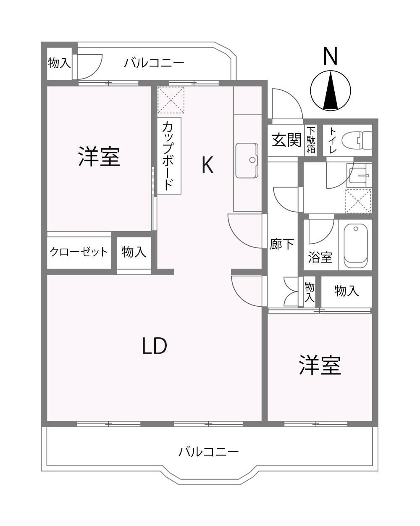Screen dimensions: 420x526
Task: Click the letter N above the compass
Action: [330, 56]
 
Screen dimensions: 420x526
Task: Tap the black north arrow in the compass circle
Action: [331, 90]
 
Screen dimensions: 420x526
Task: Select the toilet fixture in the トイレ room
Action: [357, 140]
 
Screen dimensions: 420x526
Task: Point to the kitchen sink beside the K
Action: [247, 160]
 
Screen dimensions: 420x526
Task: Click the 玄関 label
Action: [286, 140]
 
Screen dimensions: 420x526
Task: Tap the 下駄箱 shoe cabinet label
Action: [311, 140]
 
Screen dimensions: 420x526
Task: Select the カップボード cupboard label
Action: [169, 155]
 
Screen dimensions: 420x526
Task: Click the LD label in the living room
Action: [155, 346]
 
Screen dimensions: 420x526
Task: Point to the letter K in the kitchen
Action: [207, 165]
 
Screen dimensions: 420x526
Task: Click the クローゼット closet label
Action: [79, 252]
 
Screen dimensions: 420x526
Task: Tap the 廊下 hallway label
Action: [282, 244]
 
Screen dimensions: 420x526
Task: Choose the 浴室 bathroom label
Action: [320, 257]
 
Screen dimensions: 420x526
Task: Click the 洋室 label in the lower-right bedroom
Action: [320, 365]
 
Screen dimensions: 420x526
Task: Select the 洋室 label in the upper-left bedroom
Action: [99, 156]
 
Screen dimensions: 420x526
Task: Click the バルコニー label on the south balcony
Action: [208, 452]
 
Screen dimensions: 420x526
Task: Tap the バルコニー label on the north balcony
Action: [154, 63]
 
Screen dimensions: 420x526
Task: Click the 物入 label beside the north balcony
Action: [59, 63]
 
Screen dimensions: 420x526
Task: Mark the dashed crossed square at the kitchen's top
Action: [171, 100]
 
